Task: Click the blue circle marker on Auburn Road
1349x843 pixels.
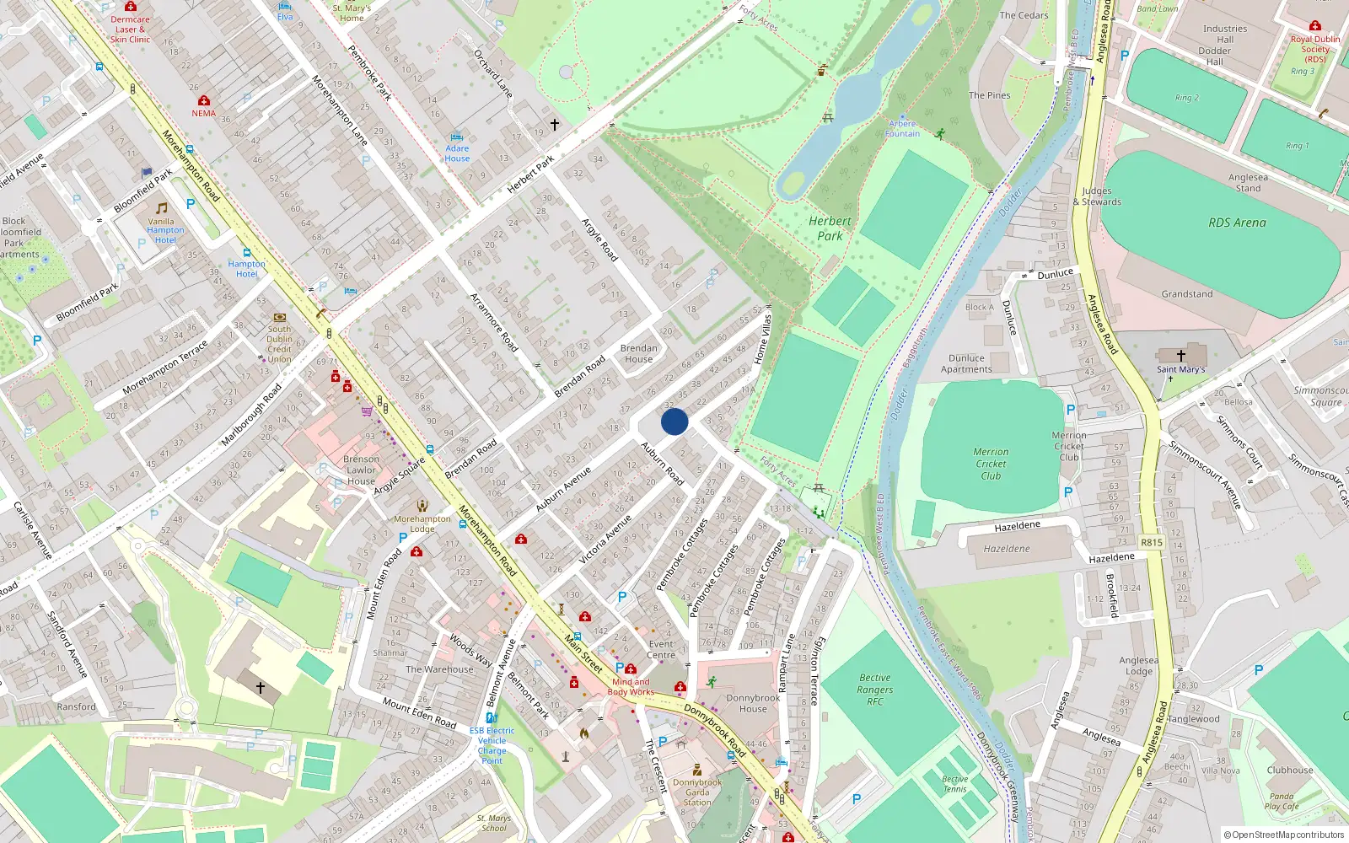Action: pyautogui.click(x=674, y=421)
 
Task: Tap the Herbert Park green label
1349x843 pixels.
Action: pyautogui.click(x=830, y=228)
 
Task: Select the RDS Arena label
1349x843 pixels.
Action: pyautogui.click(x=1237, y=223)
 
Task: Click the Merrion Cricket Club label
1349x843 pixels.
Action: pyautogui.click(x=991, y=464)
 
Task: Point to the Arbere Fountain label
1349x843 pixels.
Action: pyautogui.click(x=902, y=129)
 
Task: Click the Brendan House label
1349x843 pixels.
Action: pyautogui.click(x=638, y=353)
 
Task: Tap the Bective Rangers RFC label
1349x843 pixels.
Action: pyautogui.click(x=875, y=690)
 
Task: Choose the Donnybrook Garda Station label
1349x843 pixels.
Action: pyautogui.click(x=697, y=792)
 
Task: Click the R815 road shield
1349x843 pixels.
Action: pyautogui.click(x=1152, y=542)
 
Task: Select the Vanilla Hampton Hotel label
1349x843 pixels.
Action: pyautogui.click(x=165, y=230)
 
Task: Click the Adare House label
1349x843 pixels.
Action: pyautogui.click(x=457, y=153)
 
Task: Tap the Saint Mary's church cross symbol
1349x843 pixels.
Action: pyautogui.click(x=1180, y=356)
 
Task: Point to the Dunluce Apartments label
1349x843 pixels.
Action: pyautogui.click(x=966, y=363)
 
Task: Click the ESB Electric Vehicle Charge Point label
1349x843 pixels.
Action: pyautogui.click(x=492, y=745)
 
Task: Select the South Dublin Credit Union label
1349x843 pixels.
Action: pyautogui.click(x=279, y=344)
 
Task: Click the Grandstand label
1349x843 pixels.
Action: pyautogui.click(x=1187, y=294)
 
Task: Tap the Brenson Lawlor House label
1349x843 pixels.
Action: pyautogui.click(x=361, y=470)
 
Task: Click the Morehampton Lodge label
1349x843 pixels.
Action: pyautogui.click(x=422, y=524)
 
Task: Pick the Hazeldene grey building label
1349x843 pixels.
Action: pyautogui.click(x=1007, y=549)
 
